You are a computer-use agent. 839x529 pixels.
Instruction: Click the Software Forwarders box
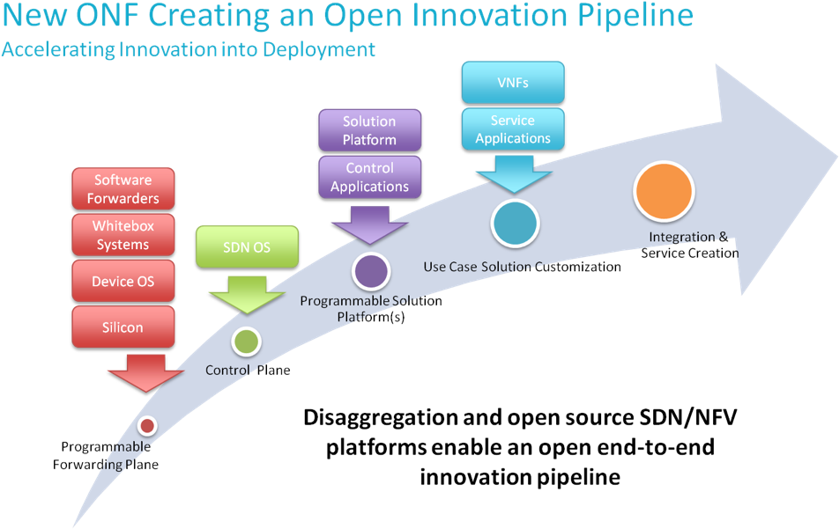[123, 188]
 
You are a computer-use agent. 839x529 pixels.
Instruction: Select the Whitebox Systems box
[123, 235]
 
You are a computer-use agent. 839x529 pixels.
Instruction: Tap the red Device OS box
[123, 282]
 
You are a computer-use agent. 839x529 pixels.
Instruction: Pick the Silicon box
[123, 327]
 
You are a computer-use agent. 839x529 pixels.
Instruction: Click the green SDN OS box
[247, 247]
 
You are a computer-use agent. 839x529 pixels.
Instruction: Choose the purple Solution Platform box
[369, 130]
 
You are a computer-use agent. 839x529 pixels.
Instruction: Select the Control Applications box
[369, 177]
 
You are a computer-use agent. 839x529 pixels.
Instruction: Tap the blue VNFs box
[513, 83]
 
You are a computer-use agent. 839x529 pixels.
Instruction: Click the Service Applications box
[513, 129]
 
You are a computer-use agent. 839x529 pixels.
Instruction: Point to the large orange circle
[665, 191]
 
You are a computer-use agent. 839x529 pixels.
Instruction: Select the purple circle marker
[371, 271]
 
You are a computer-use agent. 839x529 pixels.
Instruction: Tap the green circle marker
[246, 342]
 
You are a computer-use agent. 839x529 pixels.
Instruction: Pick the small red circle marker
[147, 426]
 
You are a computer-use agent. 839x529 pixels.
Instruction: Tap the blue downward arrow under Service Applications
[513, 173]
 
